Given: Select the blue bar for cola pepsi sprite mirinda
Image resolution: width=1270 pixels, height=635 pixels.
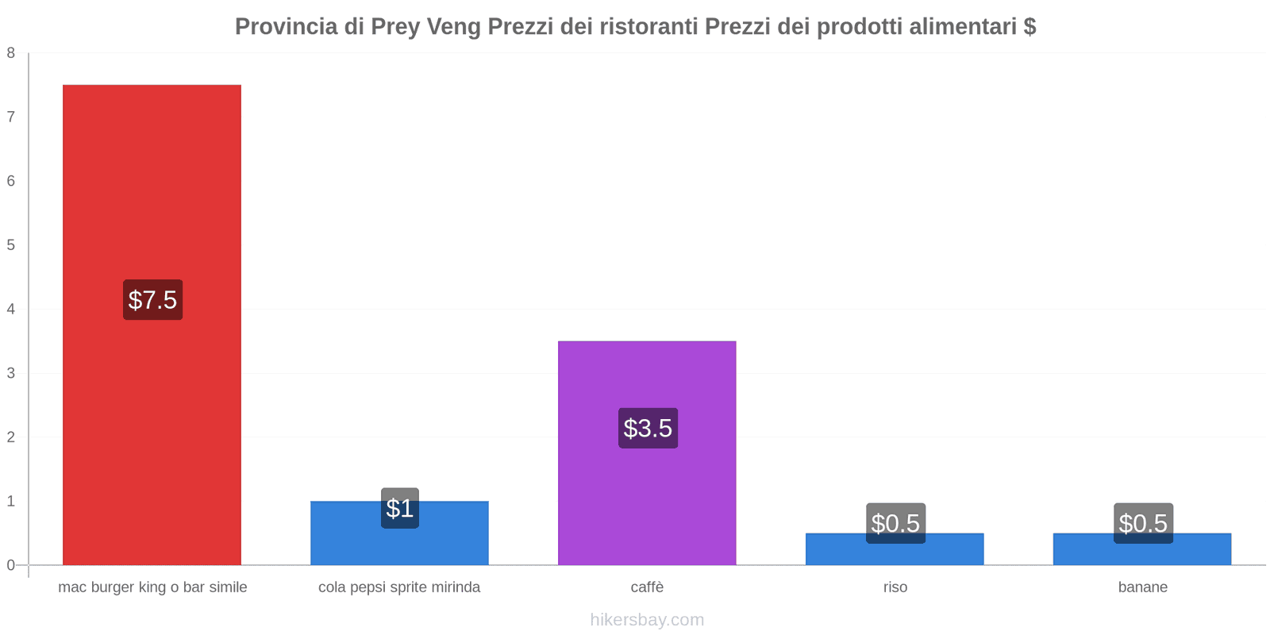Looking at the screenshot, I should click(399, 544).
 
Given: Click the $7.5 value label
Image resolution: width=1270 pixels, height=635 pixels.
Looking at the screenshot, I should click(152, 300).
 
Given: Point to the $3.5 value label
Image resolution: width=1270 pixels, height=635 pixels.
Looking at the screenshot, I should click(648, 428).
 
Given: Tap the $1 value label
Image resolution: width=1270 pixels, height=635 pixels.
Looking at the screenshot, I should click(400, 508).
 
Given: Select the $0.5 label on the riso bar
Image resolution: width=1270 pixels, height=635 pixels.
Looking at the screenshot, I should click(895, 523).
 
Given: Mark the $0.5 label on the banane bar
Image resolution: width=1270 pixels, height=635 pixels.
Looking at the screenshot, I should click(1143, 523).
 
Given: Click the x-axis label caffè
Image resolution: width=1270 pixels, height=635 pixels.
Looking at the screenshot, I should click(647, 587).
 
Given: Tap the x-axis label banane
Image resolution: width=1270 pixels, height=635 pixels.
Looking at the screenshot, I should click(1142, 587).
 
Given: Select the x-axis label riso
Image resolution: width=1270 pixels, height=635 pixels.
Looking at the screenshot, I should click(895, 587).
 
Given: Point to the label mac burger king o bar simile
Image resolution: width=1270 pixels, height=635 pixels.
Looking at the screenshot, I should click(152, 587).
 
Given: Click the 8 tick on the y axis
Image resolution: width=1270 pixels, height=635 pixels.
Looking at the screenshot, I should click(11, 53).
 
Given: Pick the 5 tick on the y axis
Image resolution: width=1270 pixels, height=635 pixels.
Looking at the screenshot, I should click(11, 245).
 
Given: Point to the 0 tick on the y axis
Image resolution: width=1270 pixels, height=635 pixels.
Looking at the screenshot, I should click(11, 565).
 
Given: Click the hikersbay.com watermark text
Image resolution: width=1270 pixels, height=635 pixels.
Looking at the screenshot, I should click(647, 620).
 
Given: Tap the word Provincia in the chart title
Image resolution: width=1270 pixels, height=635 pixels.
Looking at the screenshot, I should click(286, 27).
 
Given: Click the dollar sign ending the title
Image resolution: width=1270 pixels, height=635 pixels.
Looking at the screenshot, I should click(1029, 27).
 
